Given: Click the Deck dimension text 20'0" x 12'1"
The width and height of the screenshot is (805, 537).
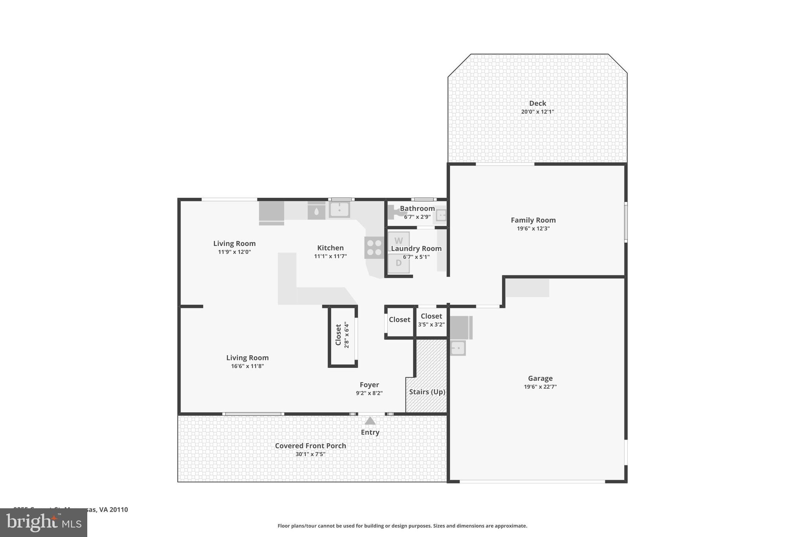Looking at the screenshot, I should click(x=537, y=112).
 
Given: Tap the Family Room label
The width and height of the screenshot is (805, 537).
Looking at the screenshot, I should click(x=533, y=220).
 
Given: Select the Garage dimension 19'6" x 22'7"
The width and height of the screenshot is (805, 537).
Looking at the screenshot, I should click(x=540, y=387).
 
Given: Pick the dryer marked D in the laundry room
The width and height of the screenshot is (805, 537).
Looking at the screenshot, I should click(x=399, y=263).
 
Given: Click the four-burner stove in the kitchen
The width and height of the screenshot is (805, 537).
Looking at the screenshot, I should click(x=374, y=247).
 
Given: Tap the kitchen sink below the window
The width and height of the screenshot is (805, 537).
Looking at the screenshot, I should click(x=339, y=210).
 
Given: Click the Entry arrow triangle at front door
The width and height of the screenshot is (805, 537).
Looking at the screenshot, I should click(x=370, y=421).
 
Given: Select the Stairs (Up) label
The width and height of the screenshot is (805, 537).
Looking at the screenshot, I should click(x=427, y=392).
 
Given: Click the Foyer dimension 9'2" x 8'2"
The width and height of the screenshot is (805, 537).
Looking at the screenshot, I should click(x=369, y=393).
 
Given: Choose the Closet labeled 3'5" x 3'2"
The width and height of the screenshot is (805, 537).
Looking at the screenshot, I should click(x=431, y=320).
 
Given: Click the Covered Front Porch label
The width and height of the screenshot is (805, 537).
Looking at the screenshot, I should click(x=310, y=446).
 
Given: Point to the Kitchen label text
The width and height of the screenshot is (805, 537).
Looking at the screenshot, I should click(x=330, y=248).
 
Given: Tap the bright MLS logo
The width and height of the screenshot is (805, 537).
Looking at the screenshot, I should click(x=43, y=522).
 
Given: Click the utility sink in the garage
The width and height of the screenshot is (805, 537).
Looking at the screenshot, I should click(x=457, y=348).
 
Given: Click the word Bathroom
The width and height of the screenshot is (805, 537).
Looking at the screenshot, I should click(x=417, y=209).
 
